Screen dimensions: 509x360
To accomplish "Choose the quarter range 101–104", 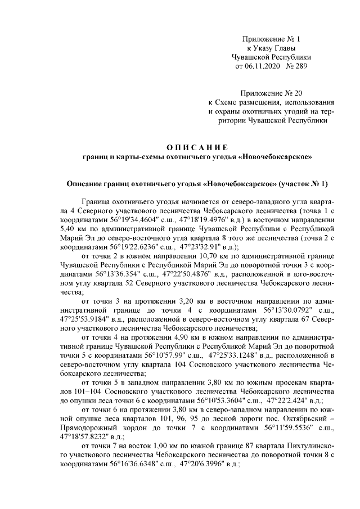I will point(75,391).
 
